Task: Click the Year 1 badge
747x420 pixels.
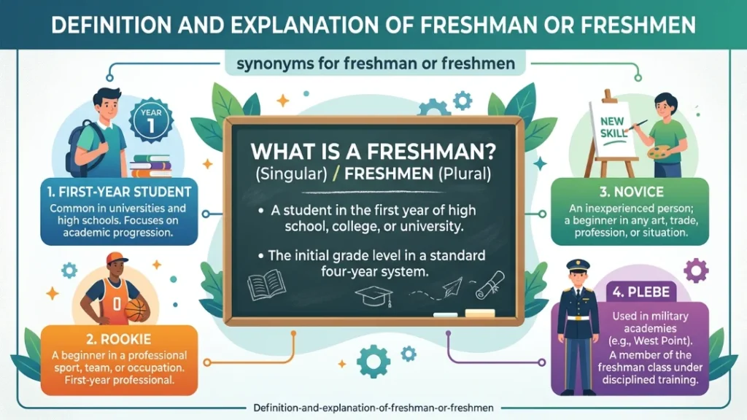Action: coord(151,121)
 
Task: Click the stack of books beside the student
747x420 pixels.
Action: coord(150,166)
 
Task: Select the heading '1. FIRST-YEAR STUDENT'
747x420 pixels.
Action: coord(119,192)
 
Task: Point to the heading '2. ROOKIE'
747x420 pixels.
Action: coord(119,339)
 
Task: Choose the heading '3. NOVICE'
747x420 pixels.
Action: coord(631,192)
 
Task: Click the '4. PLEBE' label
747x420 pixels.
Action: coord(640,292)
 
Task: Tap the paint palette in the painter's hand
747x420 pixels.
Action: coord(662,153)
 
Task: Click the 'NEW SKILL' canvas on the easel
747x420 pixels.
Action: coord(612,129)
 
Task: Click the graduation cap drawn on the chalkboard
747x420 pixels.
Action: coord(374,295)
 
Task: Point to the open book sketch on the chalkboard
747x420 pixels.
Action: coord(266,284)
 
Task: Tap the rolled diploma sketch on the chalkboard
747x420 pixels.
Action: coord(490,285)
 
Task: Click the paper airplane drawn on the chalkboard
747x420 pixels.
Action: coord(452,287)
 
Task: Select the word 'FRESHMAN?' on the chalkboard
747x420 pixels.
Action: coord(432,152)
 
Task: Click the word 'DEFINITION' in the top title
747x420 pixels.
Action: coord(110,25)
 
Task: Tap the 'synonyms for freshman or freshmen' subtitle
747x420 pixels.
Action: coord(376,63)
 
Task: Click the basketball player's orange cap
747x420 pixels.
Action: coord(116,258)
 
